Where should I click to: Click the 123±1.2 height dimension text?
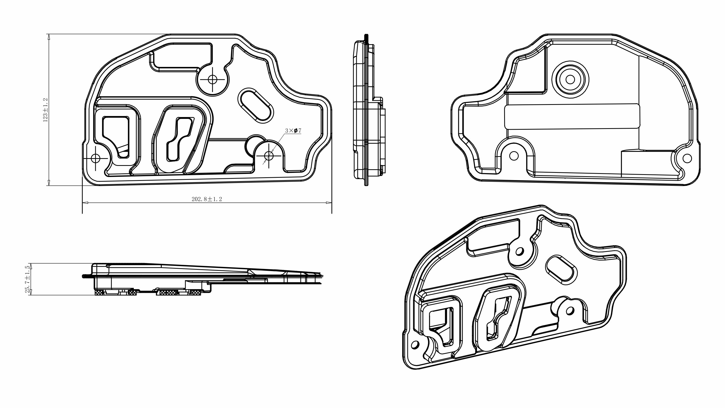point(45,110)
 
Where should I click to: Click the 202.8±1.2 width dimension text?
point(207,199)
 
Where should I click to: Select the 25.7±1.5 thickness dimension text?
point(28,279)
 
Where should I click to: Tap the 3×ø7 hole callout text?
point(293,131)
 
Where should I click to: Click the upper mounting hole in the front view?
point(213,79)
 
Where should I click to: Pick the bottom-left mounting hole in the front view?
point(96,159)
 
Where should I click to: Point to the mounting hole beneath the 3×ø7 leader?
point(269,155)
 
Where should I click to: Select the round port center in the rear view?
point(570,79)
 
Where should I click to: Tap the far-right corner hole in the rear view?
point(687,158)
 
